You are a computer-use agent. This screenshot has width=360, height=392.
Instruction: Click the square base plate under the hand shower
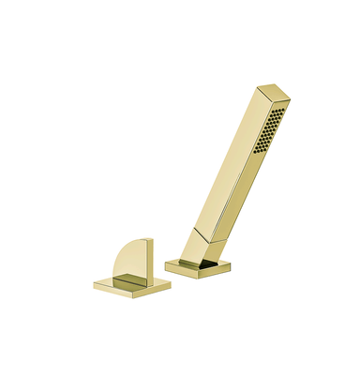click(199, 266)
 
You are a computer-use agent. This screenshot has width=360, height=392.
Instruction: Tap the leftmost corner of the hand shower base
click(166, 265)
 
